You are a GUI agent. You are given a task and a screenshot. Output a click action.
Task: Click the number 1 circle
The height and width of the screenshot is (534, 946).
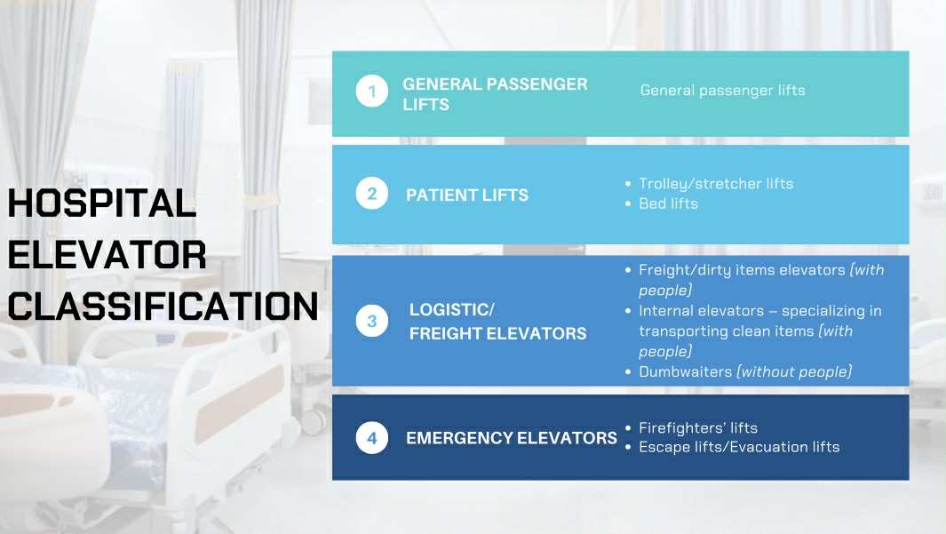371,92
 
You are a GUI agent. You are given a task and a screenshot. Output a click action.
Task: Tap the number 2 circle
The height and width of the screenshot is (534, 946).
371,194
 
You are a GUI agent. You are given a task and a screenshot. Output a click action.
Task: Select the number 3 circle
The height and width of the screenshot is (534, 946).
371,321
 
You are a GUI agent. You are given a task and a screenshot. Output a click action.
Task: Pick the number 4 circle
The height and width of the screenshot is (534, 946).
371,437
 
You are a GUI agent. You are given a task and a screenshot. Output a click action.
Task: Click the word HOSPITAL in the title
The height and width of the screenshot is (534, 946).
102,203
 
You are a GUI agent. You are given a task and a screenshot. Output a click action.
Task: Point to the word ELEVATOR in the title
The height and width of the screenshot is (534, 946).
107,255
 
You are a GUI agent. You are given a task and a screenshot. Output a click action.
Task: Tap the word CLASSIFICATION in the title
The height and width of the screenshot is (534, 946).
163,306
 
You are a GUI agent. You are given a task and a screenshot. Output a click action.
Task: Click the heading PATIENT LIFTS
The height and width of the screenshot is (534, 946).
467,195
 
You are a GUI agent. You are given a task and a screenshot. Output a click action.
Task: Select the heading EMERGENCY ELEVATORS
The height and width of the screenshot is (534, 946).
511,437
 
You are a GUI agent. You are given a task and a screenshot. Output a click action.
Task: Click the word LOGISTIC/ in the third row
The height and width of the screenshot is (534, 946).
452,309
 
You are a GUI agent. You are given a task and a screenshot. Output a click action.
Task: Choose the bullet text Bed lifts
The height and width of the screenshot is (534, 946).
669,203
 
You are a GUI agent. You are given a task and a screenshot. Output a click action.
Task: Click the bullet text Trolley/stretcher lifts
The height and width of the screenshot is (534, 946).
716,183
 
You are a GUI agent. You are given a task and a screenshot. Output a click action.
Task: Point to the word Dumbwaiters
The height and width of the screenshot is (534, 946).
686,371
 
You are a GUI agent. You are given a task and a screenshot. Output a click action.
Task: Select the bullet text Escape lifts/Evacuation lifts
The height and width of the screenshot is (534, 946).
739,447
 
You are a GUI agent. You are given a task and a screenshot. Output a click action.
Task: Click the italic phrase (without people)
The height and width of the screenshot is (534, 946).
795,371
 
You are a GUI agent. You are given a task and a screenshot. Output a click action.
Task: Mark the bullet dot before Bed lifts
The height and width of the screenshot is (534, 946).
628,203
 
